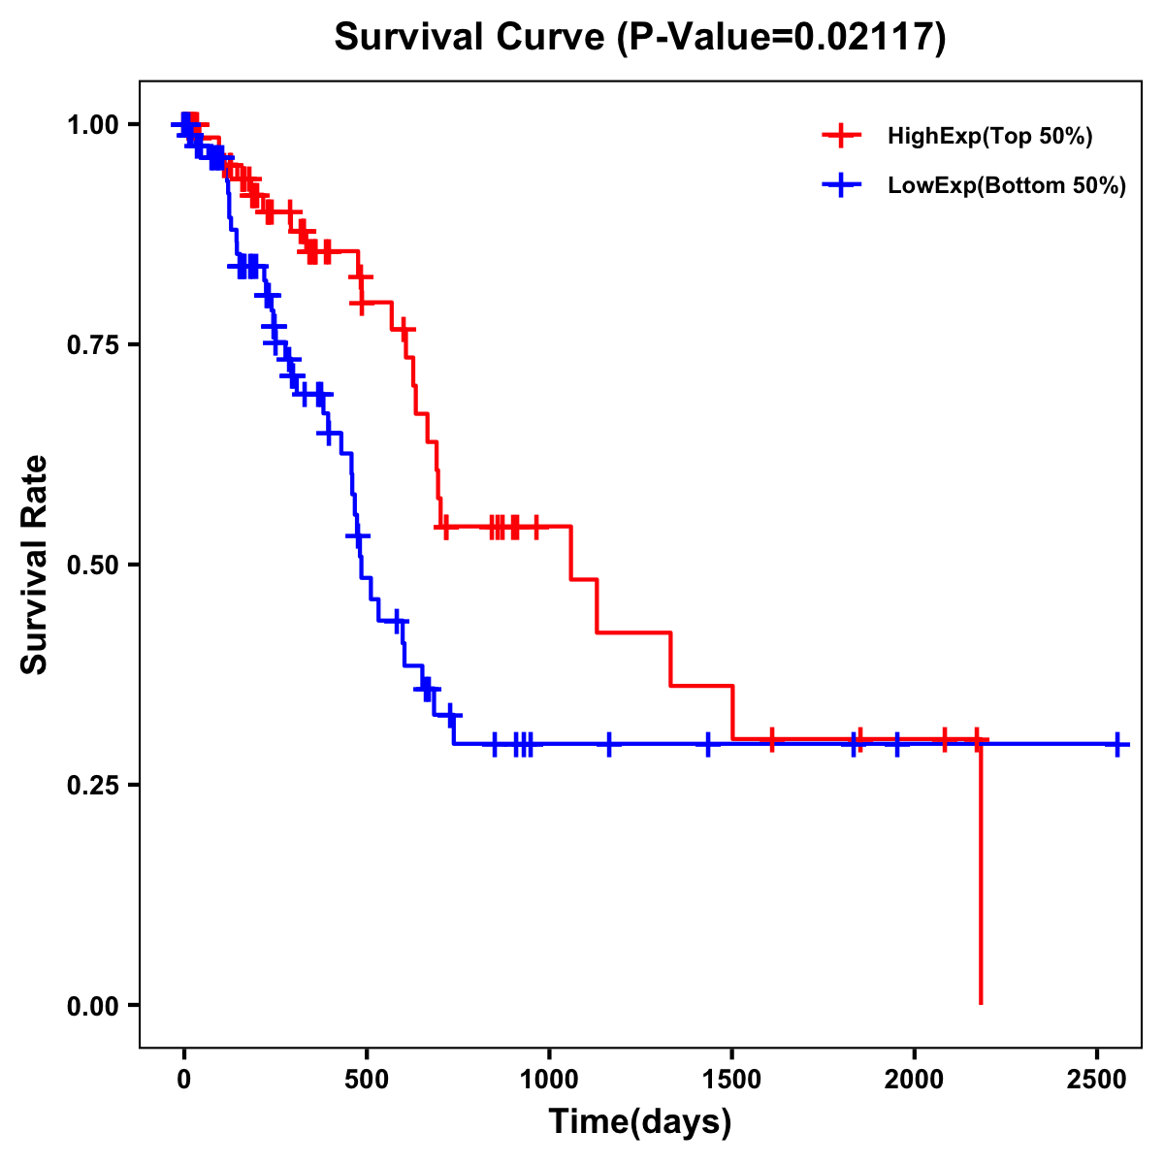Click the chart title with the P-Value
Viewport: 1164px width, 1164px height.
click(639, 38)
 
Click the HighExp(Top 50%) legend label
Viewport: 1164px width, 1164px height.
click(989, 137)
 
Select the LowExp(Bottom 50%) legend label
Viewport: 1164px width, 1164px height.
click(1006, 186)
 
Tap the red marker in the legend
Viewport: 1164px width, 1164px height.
click(841, 136)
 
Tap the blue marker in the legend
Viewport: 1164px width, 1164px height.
click(841, 185)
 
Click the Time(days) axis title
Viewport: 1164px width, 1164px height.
click(639, 1122)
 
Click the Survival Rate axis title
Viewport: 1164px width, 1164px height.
click(35, 565)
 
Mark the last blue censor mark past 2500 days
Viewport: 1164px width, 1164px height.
click(1117, 745)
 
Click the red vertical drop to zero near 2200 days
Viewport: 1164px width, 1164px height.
click(981, 873)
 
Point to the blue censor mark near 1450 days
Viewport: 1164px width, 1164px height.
click(708, 745)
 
